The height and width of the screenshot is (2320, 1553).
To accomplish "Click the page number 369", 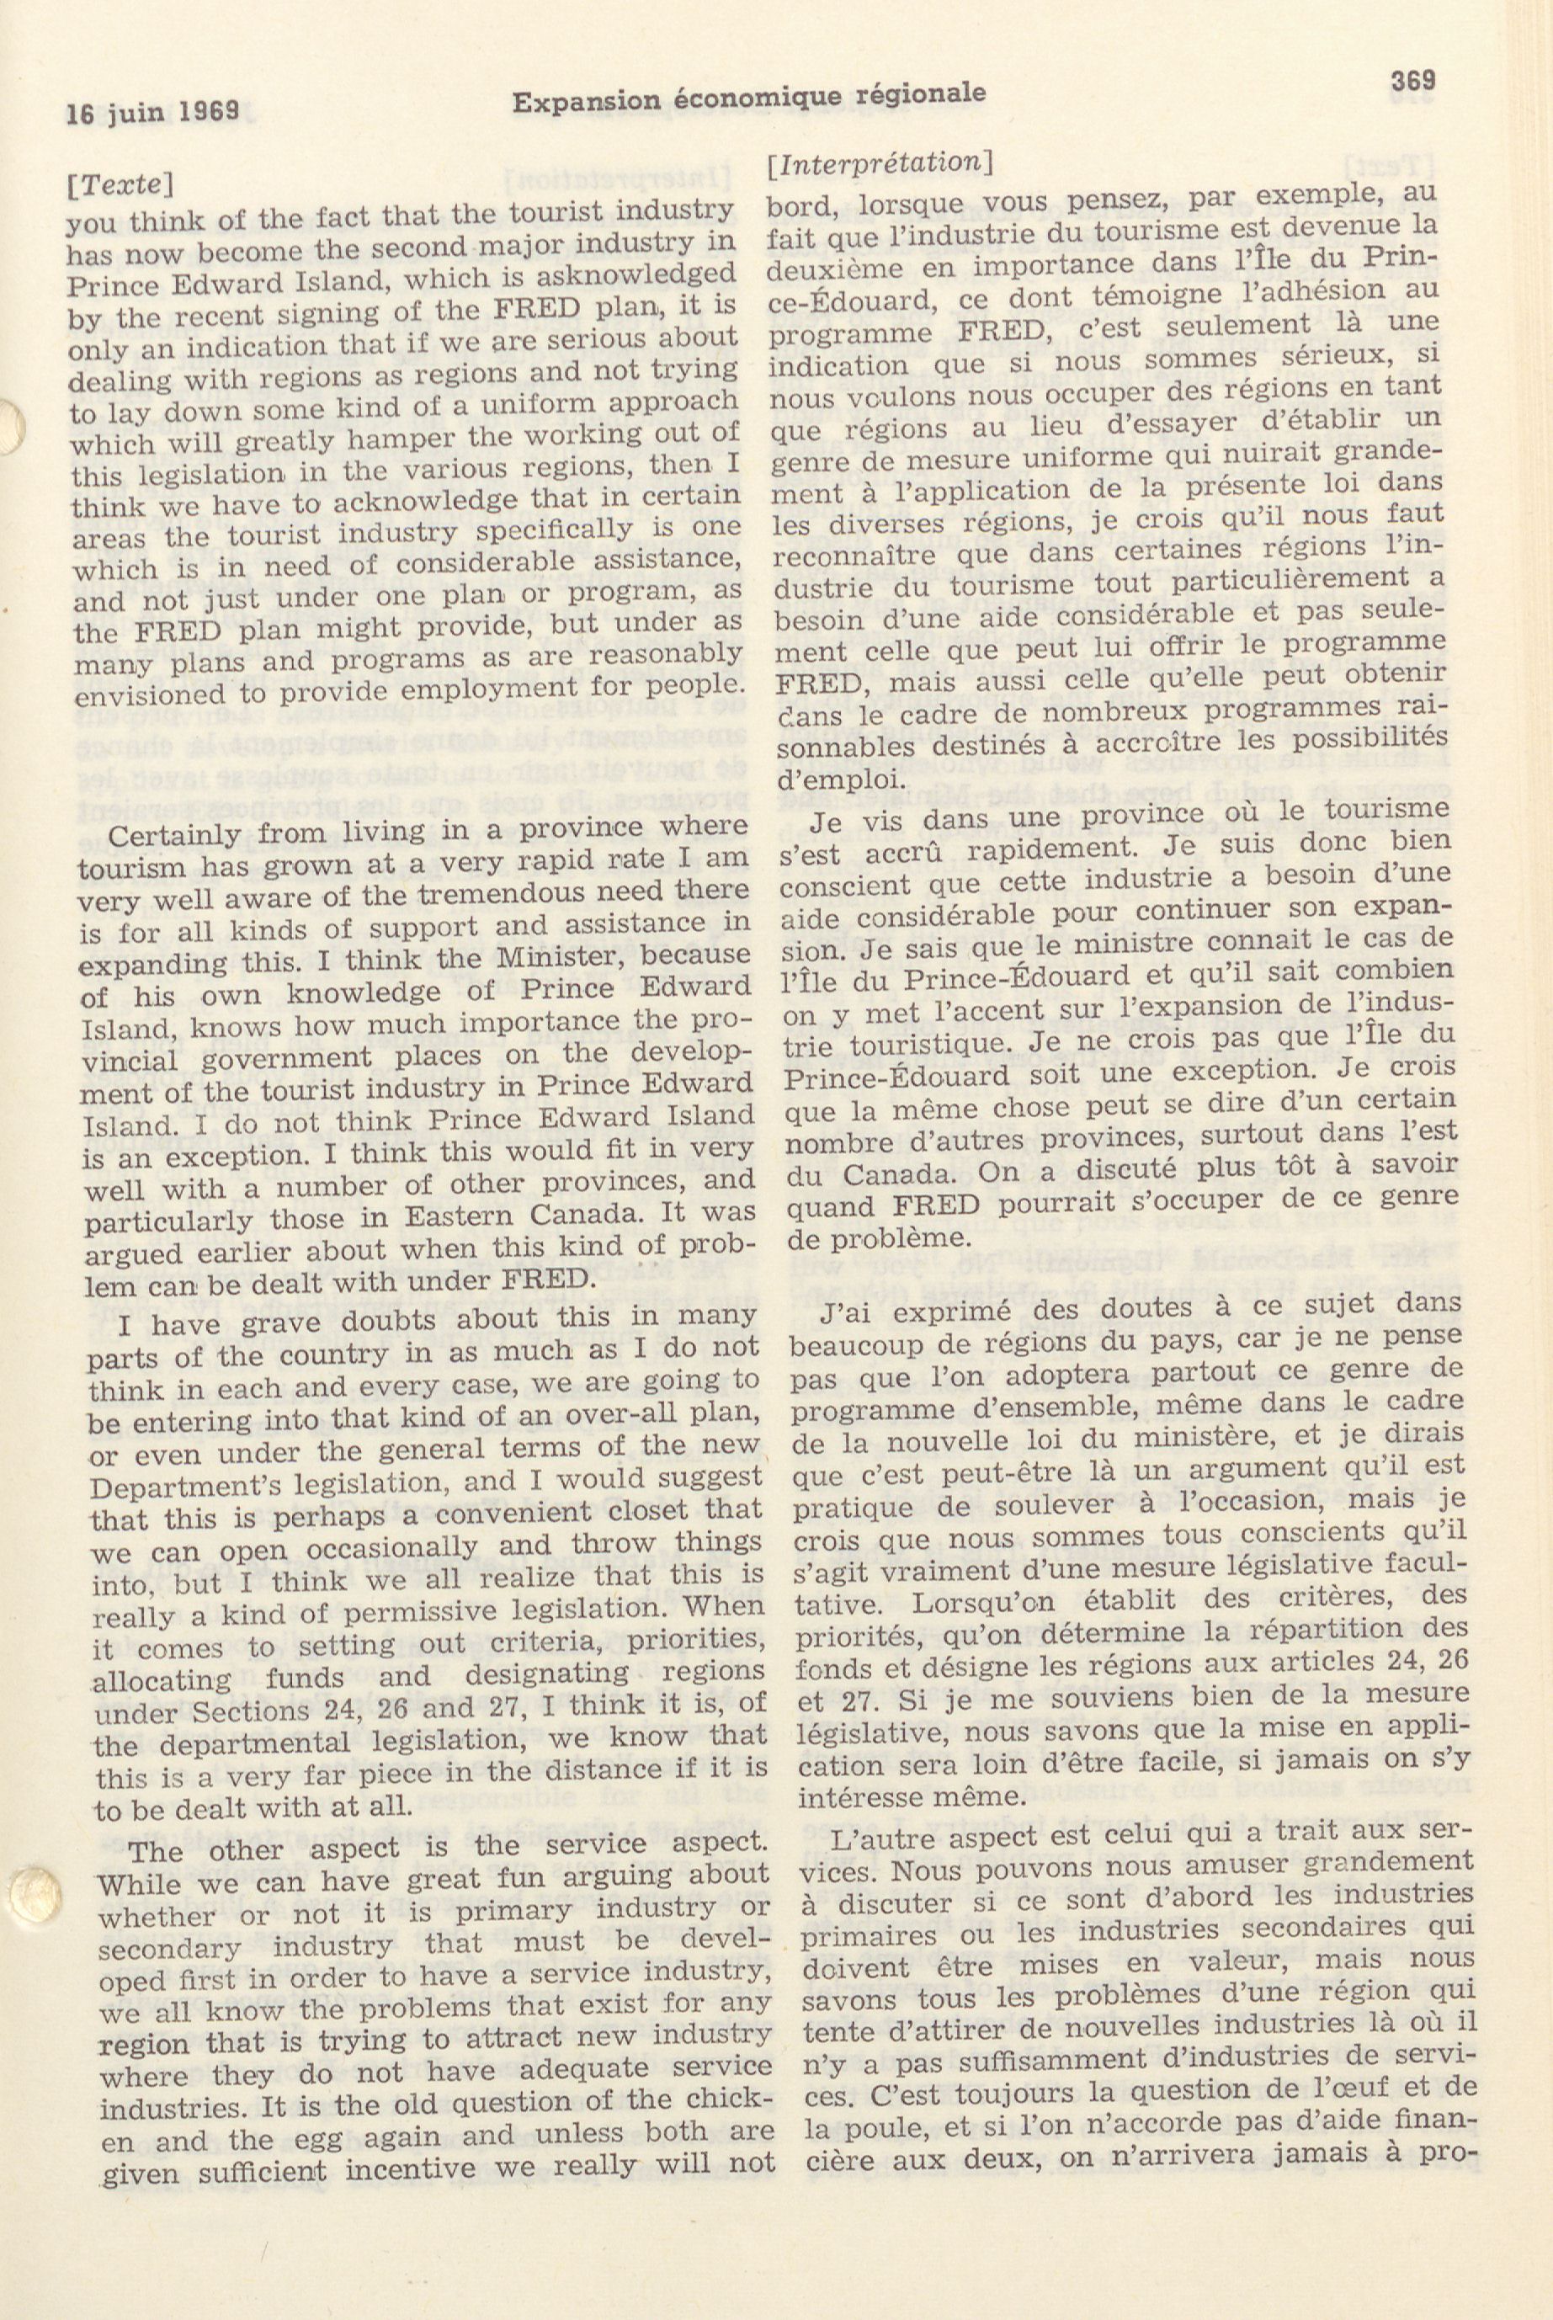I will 1413,81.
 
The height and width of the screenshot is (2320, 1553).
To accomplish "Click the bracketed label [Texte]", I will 119,184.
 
